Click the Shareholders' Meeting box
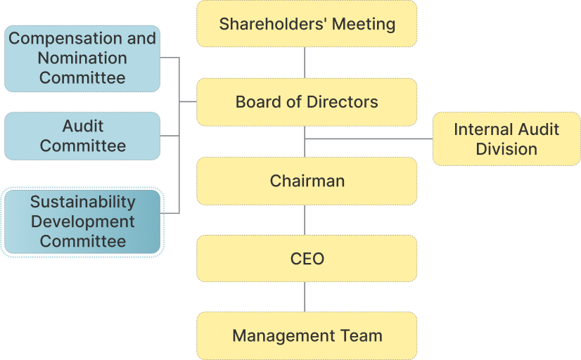coord(307,24)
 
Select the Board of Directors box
coord(307,102)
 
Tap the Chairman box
coord(307,181)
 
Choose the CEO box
coord(307,259)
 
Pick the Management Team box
coord(307,336)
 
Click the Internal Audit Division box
coord(506,139)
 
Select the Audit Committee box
coord(82,136)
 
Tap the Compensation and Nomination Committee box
coord(82,58)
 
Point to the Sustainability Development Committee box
coord(82,221)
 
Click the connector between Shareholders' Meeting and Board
coord(305,63)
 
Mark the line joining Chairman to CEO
coord(305,220)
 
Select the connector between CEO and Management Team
coord(305,297)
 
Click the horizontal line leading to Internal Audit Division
coord(369,139)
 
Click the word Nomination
coord(82,58)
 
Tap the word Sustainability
coord(82,202)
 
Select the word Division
coord(506,149)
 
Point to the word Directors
coord(343,102)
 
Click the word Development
coord(82,221)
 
